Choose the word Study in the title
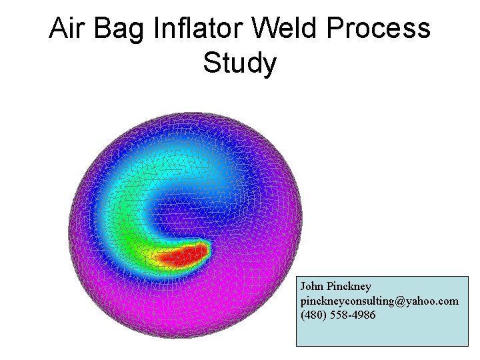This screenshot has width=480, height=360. click(239, 64)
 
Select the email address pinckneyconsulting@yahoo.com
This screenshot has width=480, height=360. click(379, 301)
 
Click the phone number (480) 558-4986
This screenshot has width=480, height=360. click(338, 315)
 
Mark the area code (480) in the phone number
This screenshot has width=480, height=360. click(313, 315)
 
